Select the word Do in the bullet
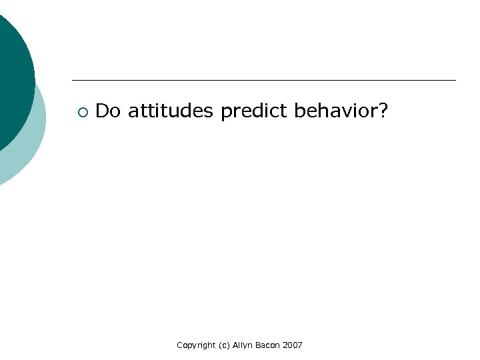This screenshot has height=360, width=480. pos(107,111)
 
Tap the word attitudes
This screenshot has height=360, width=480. pos(171,111)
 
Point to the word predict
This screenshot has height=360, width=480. pos(256,111)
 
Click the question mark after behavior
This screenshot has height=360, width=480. pos(383,111)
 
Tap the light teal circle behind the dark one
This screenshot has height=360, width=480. pos(30,147)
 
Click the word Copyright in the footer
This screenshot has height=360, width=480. pos(196,345)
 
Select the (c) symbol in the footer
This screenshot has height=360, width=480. pos(224,345)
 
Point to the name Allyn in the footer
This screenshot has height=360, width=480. pos(244,345)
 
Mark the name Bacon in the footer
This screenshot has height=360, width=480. pos(270,345)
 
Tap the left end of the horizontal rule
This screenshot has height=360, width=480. pos(73,80)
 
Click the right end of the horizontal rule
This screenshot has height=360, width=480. pos(455,80)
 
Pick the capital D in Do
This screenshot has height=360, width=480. pos(102,111)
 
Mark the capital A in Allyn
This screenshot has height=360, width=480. pos(235,345)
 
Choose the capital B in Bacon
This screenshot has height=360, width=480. pos(260,345)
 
